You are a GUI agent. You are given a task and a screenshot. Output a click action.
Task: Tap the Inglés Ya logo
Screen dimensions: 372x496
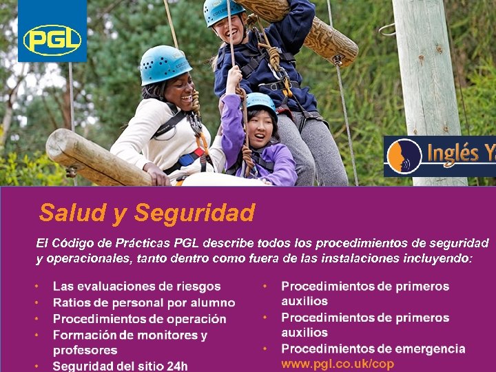pyautogui.click(x=440, y=156)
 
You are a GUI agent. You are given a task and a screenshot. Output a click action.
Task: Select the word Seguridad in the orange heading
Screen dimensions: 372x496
pyautogui.click(x=194, y=212)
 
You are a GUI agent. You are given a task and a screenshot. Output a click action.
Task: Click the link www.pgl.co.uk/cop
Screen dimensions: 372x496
pyautogui.click(x=338, y=364)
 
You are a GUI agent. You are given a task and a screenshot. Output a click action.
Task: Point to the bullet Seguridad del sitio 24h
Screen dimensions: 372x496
pyautogui.click(x=120, y=366)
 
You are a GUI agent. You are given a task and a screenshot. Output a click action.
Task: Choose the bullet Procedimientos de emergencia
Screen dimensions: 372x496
pyautogui.click(x=373, y=349)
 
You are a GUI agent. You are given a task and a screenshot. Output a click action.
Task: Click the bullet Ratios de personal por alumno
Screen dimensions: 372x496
pyautogui.click(x=143, y=302)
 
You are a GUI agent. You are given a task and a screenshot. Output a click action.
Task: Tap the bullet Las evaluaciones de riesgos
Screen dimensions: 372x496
pyautogui.click(x=136, y=286)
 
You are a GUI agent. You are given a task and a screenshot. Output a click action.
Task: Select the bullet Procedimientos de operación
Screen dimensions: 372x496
pyautogui.click(x=139, y=319)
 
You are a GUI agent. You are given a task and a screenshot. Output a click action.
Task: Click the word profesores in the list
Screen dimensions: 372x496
pyautogui.click(x=85, y=350)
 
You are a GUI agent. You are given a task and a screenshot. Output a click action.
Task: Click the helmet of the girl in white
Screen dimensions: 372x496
pyautogui.click(x=165, y=64)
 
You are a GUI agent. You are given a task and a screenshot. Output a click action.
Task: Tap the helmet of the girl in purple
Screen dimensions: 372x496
pyautogui.click(x=260, y=101)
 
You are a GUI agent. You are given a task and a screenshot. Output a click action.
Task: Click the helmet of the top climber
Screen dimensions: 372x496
pyautogui.click(x=222, y=10)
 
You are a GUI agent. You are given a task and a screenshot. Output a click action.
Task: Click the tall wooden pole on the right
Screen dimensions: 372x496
pyautogui.click(x=423, y=69)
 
